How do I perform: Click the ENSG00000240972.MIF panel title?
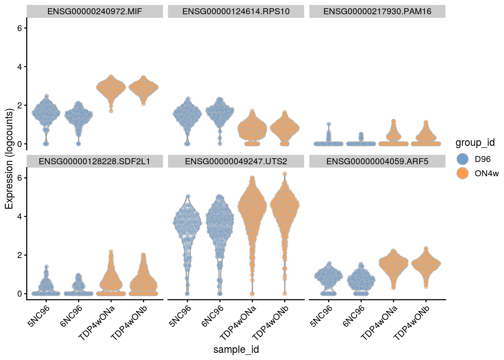click(x=94, y=12)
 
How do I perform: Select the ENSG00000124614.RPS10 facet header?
click(x=236, y=12)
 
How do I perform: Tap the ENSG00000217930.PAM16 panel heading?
click(x=377, y=12)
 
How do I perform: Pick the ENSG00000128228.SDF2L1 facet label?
click(x=94, y=162)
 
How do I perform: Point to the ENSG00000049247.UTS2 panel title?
click(x=236, y=162)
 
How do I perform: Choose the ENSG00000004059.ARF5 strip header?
click(x=377, y=162)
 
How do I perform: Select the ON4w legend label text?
click(x=486, y=173)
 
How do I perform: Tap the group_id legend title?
click(x=475, y=143)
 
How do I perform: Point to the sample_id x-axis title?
click(x=236, y=349)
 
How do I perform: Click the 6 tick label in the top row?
click(x=19, y=28)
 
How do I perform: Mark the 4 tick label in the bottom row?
click(x=19, y=216)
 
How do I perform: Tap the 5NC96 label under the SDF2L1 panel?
click(x=39, y=316)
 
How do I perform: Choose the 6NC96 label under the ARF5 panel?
click(x=354, y=316)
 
